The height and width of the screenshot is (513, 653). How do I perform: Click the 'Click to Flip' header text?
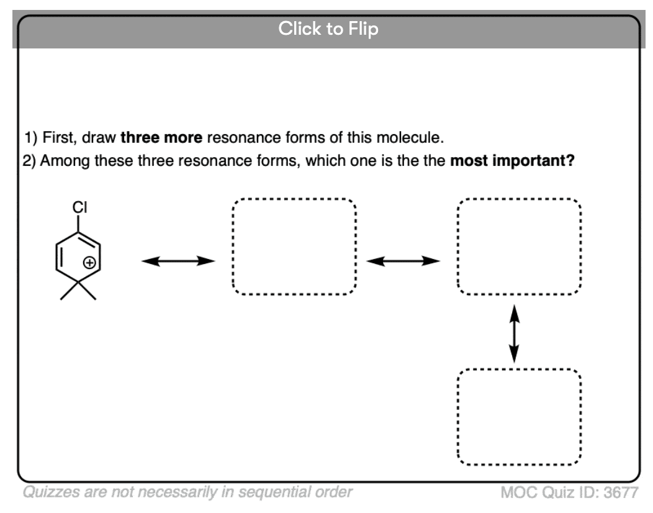click(328, 29)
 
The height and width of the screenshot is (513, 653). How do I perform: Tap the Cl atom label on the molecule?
click(79, 208)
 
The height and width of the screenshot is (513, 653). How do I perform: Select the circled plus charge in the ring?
click(90, 263)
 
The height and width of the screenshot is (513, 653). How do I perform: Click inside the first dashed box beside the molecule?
click(294, 247)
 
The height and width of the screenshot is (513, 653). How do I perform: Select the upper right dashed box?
click(519, 247)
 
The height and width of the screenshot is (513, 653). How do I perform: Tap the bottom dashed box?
click(519, 416)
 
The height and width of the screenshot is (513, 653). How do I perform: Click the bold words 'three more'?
click(161, 137)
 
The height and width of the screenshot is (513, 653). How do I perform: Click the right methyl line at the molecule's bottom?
click(88, 290)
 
